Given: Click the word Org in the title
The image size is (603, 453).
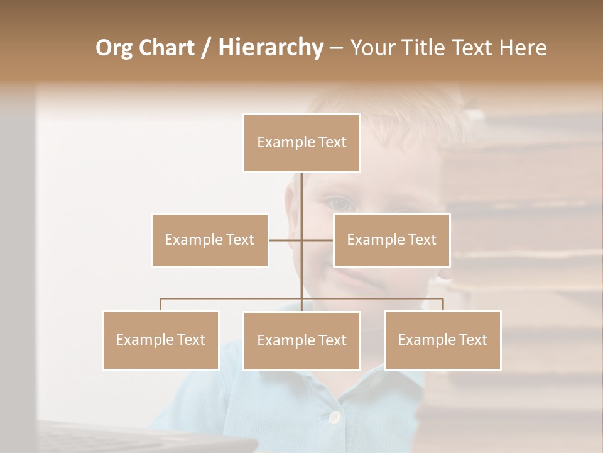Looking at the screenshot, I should point(114,48).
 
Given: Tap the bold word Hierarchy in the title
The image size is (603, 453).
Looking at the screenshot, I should point(270,48).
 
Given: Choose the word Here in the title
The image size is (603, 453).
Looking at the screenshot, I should point(523,48).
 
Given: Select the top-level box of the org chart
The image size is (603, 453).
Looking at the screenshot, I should point(301,143).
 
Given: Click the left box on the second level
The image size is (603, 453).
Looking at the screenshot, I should point(210,240).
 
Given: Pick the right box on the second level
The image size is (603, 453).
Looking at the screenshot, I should point(391,240).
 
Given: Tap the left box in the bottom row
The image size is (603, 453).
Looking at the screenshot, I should point(161,340).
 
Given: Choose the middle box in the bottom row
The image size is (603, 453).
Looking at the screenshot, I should point(301,340).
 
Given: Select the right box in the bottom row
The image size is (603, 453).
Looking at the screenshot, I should point(442,340).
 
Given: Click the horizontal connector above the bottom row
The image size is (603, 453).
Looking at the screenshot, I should point(232,299).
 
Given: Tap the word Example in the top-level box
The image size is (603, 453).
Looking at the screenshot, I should point(280,142).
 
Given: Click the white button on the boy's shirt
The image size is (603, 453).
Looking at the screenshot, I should point(335,417).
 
